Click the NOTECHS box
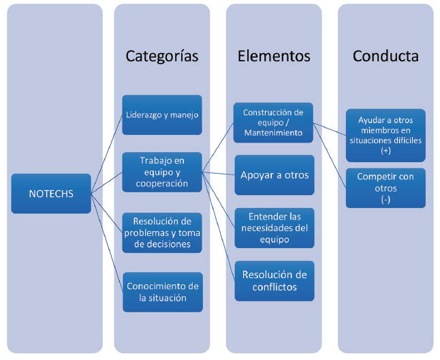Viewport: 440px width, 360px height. click(51, 194)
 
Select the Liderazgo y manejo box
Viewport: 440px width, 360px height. click(162, 115)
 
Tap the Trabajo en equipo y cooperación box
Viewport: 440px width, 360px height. click(162, 172)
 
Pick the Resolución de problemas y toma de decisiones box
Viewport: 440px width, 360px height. click(162, 232)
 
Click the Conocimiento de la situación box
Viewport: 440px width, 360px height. click(162, 292)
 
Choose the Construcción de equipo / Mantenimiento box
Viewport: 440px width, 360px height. click(273, 122)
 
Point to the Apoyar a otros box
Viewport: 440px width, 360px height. click(274, 175)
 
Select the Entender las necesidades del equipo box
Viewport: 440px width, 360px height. click(274, 228)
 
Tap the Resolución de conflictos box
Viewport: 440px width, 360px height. click(274, 280)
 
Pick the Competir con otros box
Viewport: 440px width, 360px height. click(386, 187)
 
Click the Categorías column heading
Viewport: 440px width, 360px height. click(162, 56)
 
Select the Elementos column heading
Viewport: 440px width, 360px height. click(274, 56)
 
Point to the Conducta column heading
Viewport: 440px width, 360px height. click(386, 56)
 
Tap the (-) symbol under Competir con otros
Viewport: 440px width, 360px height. click(386, 198)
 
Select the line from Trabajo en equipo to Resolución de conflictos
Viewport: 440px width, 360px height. click(219, 226)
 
